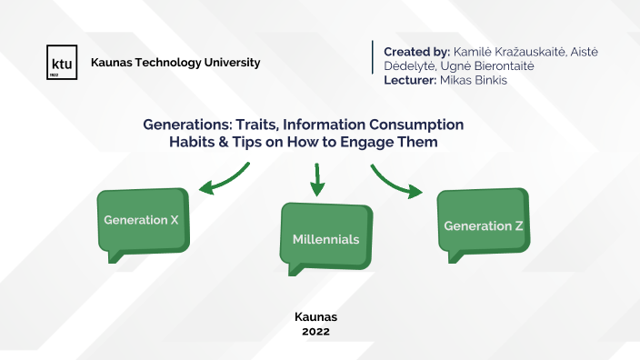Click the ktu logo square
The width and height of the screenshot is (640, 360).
(62, 63)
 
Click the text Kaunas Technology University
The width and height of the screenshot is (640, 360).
(175, 63)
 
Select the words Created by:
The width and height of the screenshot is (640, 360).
(415, 51)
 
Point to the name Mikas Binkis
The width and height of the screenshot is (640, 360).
(473, 80)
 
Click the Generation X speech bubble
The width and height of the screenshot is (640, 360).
(144, 221)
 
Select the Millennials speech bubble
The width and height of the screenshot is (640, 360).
(325, 238)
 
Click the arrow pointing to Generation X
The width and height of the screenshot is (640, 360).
(223, 179)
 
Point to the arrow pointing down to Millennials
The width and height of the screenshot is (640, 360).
(317, 180)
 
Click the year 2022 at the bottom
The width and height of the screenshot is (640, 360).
(316, 332)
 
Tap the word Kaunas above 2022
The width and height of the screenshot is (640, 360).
(316, 317)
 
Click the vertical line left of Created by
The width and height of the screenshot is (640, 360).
(374, 57)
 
